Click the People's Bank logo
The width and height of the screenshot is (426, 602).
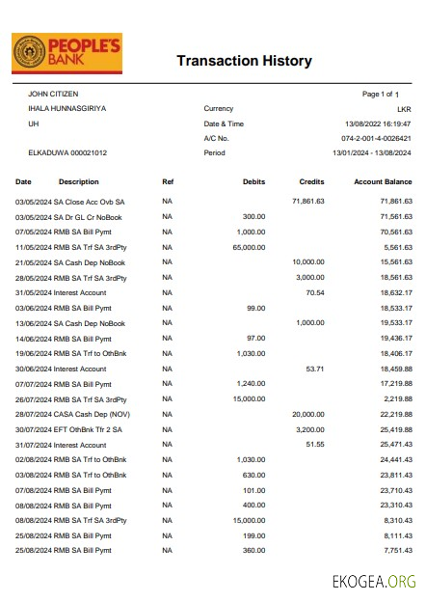(67, 54)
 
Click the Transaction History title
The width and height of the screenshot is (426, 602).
(244, 61)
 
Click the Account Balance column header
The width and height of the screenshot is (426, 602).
(383, 181)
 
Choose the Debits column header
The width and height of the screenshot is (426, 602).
(254, 181)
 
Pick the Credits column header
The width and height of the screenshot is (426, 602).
(312, 181)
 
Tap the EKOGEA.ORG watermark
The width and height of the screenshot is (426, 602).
(373, 581)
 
